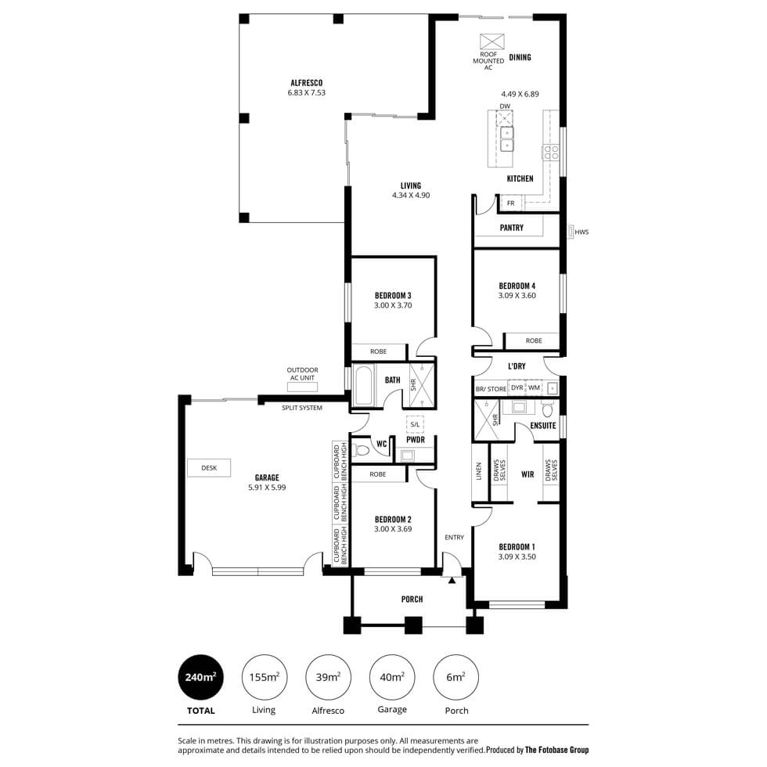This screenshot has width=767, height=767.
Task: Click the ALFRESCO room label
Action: tap(307, 83)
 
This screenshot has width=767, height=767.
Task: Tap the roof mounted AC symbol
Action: tap(492, 41)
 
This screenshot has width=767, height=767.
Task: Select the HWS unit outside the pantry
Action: tap(571, 232)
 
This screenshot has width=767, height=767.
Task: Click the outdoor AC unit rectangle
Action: tap(302, 387)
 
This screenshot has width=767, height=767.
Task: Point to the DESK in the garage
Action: tap(209, 468)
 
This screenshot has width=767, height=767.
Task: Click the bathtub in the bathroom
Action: tap(364, 385)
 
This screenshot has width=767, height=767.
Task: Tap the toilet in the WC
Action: tap(362, 449)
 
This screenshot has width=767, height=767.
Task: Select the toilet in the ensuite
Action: tap(547, 409)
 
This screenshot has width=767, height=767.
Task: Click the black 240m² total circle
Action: tap(200, 677)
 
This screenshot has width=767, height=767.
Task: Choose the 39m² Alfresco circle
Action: tap(328, 677)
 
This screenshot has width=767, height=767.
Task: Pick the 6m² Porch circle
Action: tap(456, 677)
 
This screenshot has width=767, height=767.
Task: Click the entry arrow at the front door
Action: tap(452, 580)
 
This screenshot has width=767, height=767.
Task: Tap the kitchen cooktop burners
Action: tap(551, 152)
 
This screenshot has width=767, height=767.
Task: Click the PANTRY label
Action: tap(512, 228)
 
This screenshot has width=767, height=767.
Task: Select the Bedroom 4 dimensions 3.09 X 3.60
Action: tap(517, 296)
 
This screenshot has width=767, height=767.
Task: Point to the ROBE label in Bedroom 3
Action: tap(378, 351)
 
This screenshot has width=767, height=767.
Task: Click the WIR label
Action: tap(528, 474)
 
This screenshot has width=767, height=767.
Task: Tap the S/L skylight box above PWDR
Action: tap(415, 424)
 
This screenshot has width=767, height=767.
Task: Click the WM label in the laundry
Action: tap(534, 387)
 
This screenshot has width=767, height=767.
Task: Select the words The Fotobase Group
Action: tap(556, 750)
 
